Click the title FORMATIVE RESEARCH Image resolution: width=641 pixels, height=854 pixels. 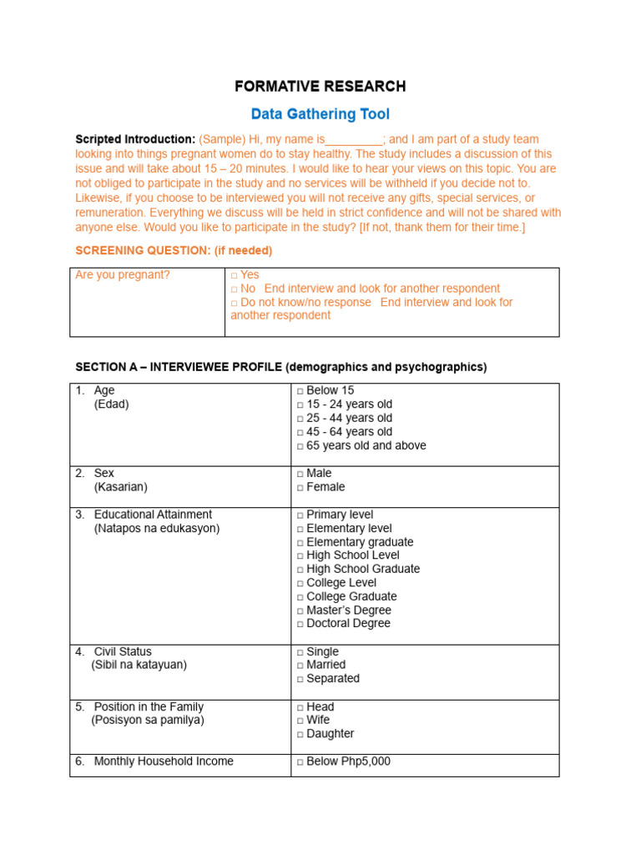[x=320, y=87]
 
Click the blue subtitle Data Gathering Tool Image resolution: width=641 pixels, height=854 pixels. [x=320, y=114]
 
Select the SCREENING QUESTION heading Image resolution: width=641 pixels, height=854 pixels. [x=174, y=250]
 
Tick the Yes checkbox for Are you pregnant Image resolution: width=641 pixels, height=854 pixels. [x=235, y=275]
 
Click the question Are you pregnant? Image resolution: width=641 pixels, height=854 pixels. [x=123, y=275]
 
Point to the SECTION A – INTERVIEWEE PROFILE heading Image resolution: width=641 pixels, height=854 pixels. [x=280, y=367]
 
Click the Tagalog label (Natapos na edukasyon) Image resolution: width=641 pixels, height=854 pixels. [x=157, y=529]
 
